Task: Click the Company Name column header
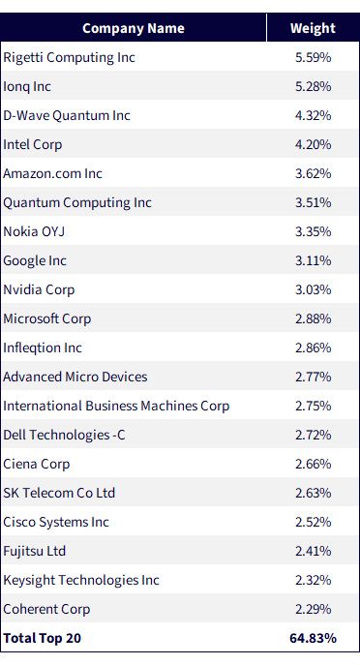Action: click(134, 28)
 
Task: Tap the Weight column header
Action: click(313, 28)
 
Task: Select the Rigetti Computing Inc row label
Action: click(69, 58)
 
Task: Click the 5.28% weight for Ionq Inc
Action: click(314, 86)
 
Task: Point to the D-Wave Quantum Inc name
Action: click(67, 115)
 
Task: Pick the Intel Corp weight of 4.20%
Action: click(314, 144)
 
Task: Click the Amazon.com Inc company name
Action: click(52, 173)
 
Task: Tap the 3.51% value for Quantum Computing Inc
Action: click(314, 202)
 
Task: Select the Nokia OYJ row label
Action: click(34, 231)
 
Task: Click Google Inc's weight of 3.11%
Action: click(314, 260)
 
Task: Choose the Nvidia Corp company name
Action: click(39, 290)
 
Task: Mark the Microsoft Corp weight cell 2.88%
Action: click(314, 318)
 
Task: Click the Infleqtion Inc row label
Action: click(43, 348)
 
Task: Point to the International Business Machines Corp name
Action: click(116, 407)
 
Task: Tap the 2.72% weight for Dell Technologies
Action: click(314, 436)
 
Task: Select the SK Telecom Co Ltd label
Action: click(59, 493)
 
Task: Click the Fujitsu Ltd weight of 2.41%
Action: click(314, 552)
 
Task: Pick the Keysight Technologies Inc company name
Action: click(81, 580)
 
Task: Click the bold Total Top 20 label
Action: click(42, 638)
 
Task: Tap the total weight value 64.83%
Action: click(313, 638)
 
